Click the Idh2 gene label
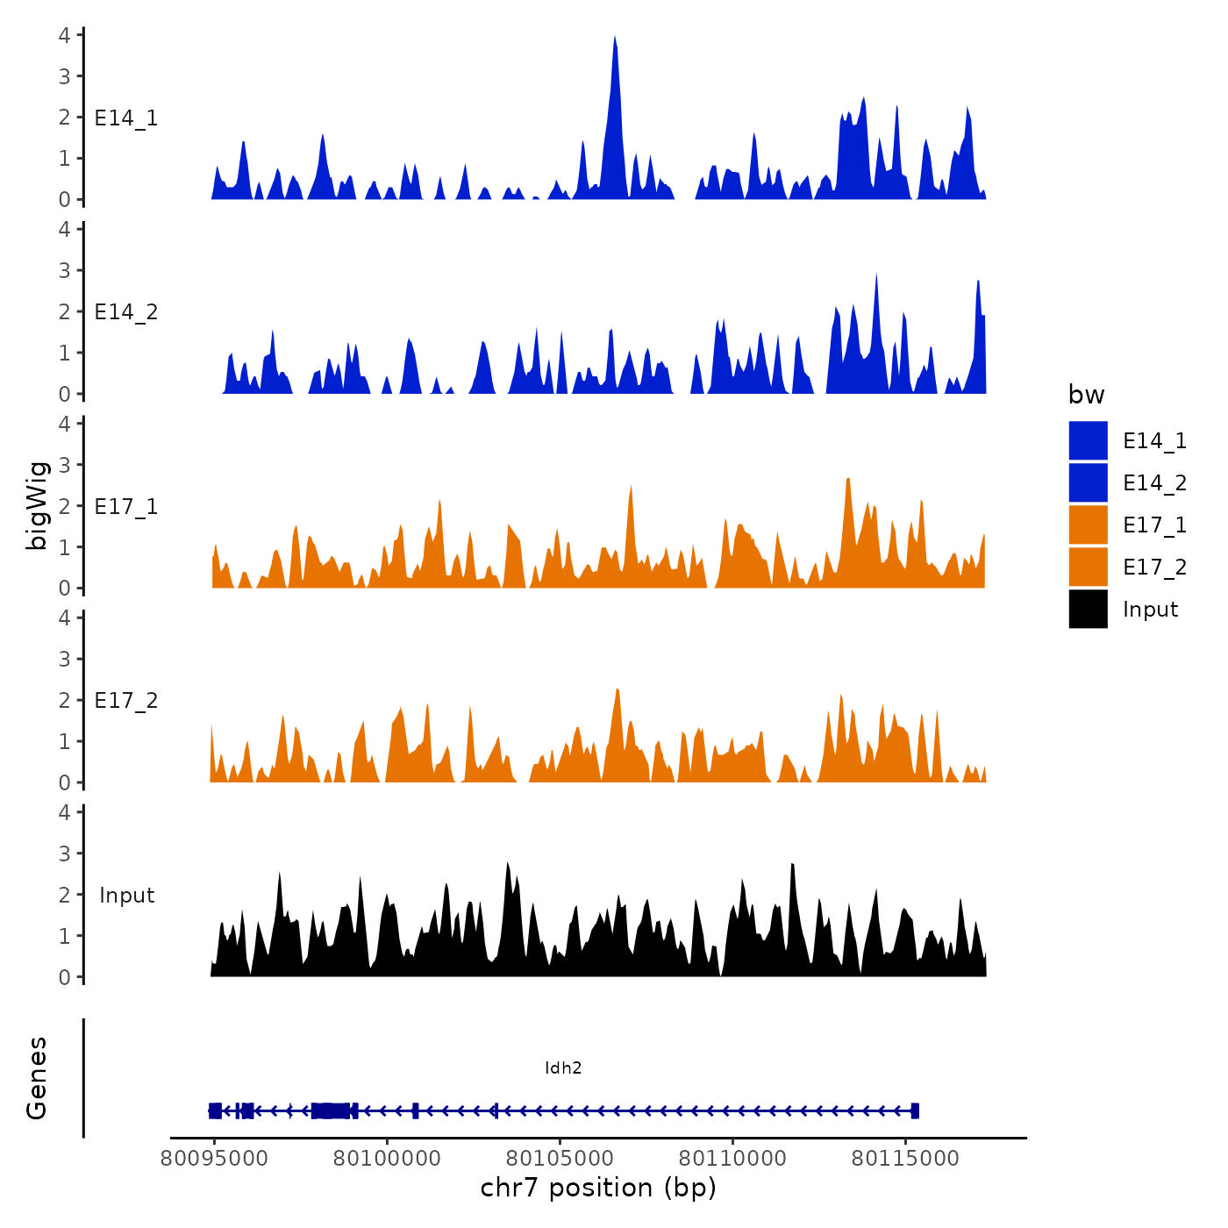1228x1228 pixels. pos(563,1067)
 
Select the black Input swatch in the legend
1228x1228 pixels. pos(1088,609)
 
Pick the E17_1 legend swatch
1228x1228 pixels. pos(1088,525)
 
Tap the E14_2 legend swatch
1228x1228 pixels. pos(1088,482)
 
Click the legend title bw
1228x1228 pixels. pos(1086,395)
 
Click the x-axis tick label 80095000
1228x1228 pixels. pos(214,1159)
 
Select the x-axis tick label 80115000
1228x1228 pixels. pos(905,1159)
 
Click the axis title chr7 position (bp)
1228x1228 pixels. pos(598,1188)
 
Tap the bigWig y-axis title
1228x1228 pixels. pos(37,505)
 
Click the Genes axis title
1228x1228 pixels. pos(37,1078)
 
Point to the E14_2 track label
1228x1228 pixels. pos(126,312)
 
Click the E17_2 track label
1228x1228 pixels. pos(126,701)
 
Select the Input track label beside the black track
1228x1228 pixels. pos(126,896)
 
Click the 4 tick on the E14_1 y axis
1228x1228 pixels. pos(65,35)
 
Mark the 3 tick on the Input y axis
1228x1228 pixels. pos(65,853)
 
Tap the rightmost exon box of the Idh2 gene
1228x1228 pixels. pos(915,1110)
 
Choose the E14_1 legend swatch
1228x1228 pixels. pos(1088,440)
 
